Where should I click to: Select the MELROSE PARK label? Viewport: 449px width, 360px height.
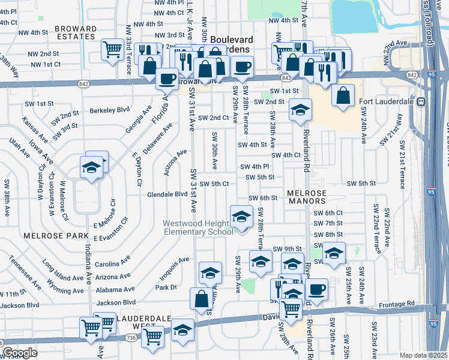tap(48, 236)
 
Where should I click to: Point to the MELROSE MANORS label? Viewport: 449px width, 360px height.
tap(307, 197)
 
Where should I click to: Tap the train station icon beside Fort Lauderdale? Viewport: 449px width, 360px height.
tap(421, 101)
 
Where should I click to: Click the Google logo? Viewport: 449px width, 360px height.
tap(19, 353)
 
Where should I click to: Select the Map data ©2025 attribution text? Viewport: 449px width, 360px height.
tap(423, 355)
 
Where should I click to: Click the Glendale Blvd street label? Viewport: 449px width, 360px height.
tap(167, 194)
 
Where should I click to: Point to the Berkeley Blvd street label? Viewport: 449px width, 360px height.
tap(110, 110)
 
